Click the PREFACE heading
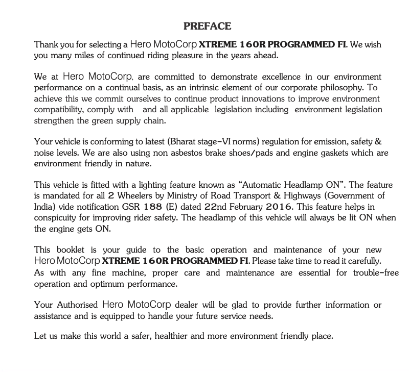pyautogui.click(x=207, y=26)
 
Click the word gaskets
pyautogui.click(x=335, y=153)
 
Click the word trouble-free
pyautogui.click(x=376, y=272)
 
